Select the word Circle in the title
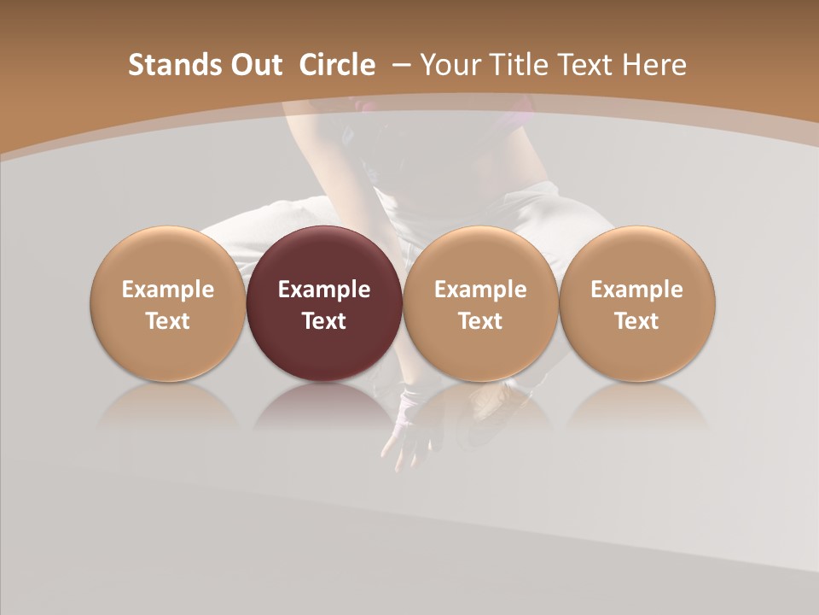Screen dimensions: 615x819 point(337,65)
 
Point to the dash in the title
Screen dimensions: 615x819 point(398,65)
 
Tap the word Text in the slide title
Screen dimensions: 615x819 point(588,65)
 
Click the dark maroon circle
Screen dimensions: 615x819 point(324,303)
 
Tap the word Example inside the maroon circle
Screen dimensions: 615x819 point(324,290)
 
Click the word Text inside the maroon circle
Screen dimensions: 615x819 point(324,321)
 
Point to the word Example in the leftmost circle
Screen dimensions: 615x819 point(168,290)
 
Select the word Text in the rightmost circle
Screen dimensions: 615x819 point(636,321)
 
